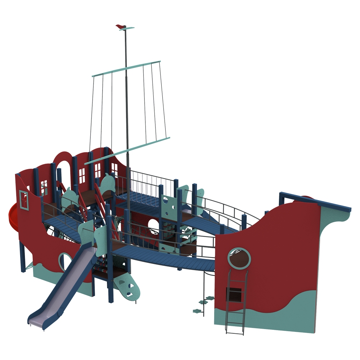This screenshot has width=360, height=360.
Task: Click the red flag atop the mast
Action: [121, 26]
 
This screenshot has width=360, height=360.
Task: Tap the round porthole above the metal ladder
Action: [239, 258]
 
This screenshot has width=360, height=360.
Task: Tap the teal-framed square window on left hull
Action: [24, 199]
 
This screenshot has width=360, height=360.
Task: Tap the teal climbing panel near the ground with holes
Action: [127, 286]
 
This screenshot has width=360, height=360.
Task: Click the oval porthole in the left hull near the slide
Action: [64, 261]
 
